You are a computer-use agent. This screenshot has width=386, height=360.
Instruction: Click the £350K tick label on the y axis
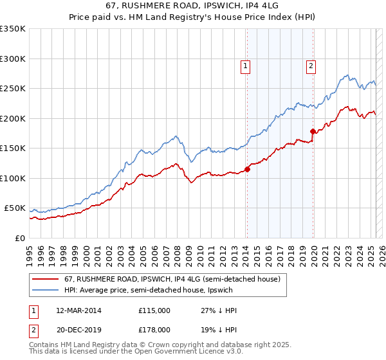click(x=12, y=29)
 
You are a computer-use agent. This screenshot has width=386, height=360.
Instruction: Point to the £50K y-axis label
click(x=15, y=208)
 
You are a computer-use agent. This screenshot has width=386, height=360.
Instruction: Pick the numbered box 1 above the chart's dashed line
click(x=246, y=64)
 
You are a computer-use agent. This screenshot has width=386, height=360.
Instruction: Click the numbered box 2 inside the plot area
click(x=311, y=64)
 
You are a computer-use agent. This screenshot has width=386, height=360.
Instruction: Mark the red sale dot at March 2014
click(x=247, y=170)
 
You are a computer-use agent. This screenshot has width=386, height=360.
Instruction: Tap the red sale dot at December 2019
click(x=313, y=132)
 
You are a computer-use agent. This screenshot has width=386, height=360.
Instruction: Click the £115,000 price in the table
click(x=154, y=310)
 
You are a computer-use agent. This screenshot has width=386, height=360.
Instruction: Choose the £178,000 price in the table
click(x=154, y=329)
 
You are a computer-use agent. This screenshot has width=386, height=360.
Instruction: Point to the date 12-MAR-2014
click(x=78, y=310)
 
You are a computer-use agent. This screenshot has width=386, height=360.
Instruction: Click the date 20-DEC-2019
click(x=78, y=329)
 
